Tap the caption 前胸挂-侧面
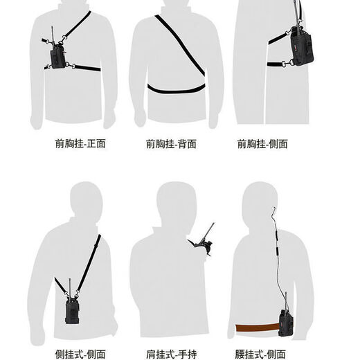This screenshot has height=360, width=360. (x=262, y=145)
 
